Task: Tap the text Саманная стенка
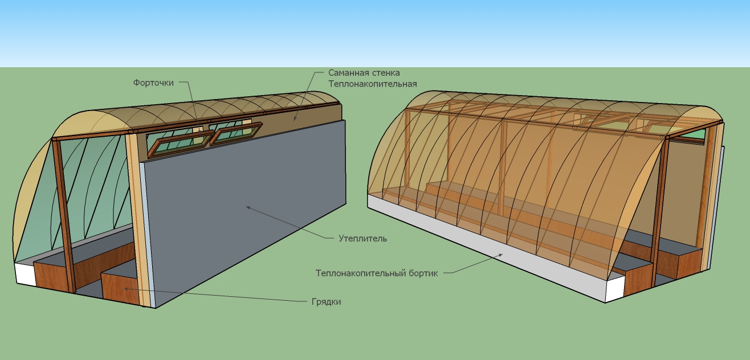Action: (364, 73)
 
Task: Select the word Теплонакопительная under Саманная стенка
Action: (373, 84)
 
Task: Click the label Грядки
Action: (327, 302)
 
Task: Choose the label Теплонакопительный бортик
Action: (377, 273)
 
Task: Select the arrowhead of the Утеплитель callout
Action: (247, 207)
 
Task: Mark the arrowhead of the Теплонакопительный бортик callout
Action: (503, 254)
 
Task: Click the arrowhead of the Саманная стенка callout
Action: (294, 119)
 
